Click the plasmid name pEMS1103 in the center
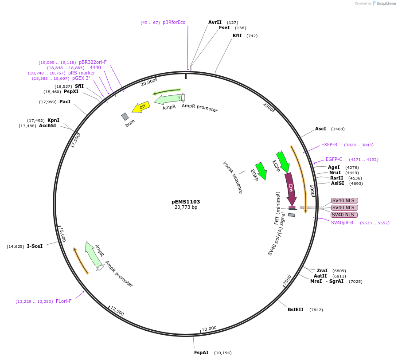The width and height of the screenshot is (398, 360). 186,201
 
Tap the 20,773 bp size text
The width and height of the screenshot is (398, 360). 186,207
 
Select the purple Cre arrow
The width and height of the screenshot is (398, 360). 291,188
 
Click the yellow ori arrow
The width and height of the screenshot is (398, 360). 141,107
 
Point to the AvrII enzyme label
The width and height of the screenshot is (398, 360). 215,22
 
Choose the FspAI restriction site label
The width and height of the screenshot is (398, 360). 201,352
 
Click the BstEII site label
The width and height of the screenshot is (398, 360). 296,309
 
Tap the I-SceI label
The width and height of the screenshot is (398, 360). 35,246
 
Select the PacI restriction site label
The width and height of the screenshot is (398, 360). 65,102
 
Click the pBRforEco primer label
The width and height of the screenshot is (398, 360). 174,22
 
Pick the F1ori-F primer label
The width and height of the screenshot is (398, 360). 63,301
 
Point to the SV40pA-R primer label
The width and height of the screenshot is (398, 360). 342,223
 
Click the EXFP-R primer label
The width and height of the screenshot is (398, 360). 329,145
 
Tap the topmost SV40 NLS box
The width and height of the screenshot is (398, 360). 344,200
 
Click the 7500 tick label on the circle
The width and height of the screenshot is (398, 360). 287,280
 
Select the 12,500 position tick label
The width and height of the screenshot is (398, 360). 117,311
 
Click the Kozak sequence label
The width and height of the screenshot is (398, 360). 233,177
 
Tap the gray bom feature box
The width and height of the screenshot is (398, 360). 125,117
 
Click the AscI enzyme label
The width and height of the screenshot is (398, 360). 320,129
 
